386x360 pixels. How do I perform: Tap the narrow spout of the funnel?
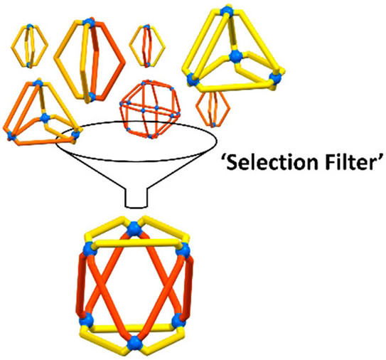pyautogui.click(x=136, y=198)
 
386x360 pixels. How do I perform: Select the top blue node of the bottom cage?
pyautogui.click(x=134, y=229)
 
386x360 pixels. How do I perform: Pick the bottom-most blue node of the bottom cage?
pyautogui.click(x=134, y=342)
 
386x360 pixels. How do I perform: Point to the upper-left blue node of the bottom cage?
pyautogui.click(x=90, y=249)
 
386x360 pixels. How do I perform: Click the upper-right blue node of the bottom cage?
pyautogui.click(x=183, y=250)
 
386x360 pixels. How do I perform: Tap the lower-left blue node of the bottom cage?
pyautogui.click(x=87, y=320)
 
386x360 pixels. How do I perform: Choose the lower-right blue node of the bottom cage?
pyautogui.click(x=178, y=320)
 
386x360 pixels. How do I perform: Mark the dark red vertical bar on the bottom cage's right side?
pyautogui.click(x=189, y=286)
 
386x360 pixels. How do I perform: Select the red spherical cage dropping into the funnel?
pyautogui.click(x=150, y=109)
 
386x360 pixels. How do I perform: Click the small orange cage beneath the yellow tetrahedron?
pyautogui.click(x=213, y=108)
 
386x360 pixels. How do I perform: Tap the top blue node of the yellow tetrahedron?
pyautogui.click(x=226, y=11)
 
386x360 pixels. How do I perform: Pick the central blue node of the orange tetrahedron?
pyautogui.click(x=45, y=118)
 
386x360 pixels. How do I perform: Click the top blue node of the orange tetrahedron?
pyautogui.click(x=38, y=83)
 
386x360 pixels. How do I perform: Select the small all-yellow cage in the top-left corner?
pyautogui.click(x=29, y=46)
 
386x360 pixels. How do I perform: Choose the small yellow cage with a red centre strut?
pyautogui.click(x=147, y=46)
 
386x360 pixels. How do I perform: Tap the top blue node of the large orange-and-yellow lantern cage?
pyautogui.click(x=89, y=21)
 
